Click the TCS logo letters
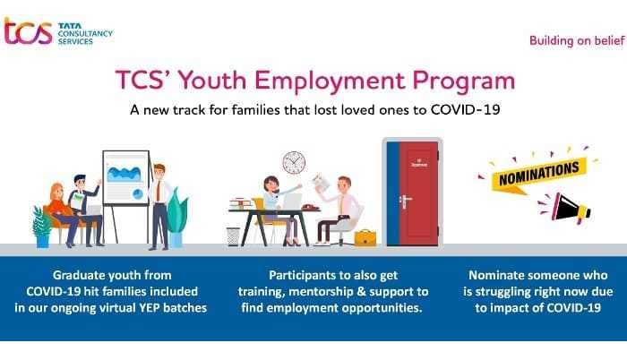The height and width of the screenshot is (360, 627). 28,31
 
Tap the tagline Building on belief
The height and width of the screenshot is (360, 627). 577,40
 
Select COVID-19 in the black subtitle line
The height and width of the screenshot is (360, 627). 465,109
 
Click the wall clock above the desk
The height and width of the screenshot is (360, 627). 294,163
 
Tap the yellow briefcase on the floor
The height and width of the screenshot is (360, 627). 365,237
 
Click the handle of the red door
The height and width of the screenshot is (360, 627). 405,199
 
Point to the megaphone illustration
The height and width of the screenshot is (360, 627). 567,208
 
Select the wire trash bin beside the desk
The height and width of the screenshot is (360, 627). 233,236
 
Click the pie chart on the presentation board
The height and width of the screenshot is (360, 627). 138,194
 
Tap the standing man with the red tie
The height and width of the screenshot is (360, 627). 159,207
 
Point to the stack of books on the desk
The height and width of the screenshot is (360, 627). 242,203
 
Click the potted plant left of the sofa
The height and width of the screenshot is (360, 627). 42,227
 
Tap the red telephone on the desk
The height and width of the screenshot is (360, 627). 310,206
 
